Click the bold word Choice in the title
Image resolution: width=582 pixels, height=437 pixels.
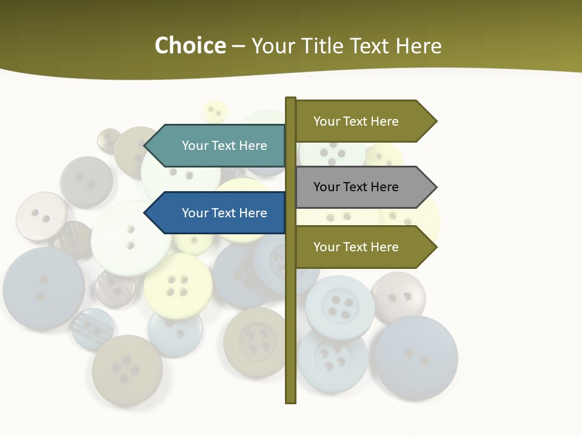coord(190,46)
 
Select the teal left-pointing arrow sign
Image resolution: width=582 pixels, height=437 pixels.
coord(218,146)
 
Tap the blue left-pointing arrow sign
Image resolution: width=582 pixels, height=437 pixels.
coord(218,213)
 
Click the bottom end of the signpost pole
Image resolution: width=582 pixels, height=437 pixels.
coord(290,401)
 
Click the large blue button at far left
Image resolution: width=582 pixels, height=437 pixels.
coord(44,288)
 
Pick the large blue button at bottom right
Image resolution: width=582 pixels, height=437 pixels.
coord(416,357)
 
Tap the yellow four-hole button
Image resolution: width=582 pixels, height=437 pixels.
coord(178,286)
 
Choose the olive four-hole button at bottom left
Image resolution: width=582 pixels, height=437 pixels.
coord(127,369)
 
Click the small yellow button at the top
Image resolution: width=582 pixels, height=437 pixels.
coord(214,112)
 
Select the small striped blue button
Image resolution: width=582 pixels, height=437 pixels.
coord(92,328)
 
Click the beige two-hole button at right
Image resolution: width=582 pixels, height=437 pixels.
coord(398,297)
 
